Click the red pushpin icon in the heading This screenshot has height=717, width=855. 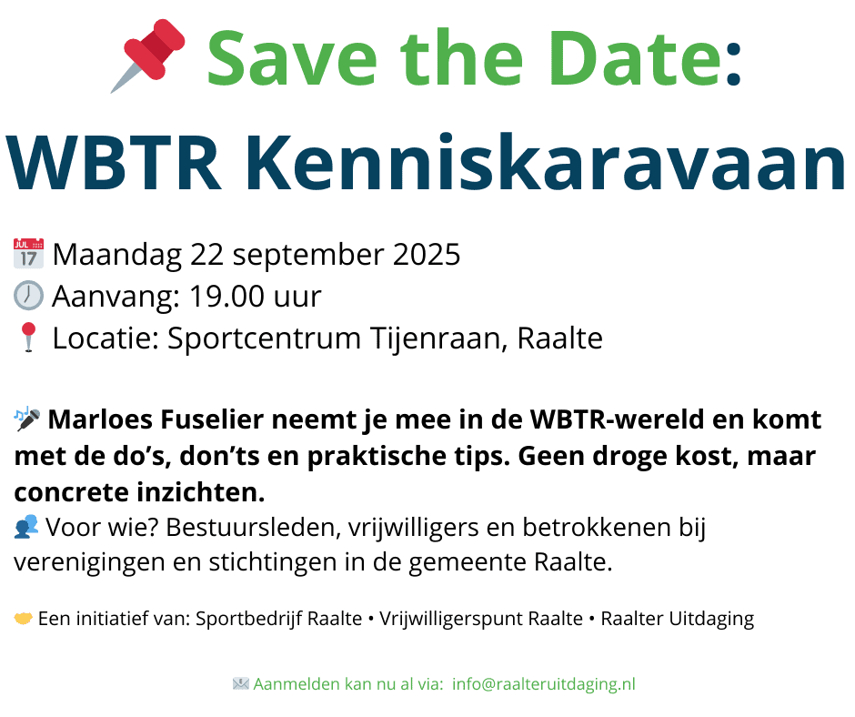pyautogui.click(x=147, y=56)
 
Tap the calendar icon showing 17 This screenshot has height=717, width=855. pyautogui.click(x=28, y=253)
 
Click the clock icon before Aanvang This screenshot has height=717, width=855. pyautogui.click(x=28, y=295)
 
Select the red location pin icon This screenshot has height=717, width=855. pyautogui.click(x=28, y=338)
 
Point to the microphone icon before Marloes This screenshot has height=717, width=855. pyautogui.click(x=27, y=419)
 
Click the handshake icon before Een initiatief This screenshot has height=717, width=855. pyautogui.click(x=23, y=619)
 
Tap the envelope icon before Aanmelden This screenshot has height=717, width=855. pyautogui.click(x=240, y=683)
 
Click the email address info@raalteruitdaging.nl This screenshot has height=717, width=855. pyautogui.click(x=544, y=683)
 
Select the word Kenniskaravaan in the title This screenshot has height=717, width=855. pyautogui.click(x=545, y=163)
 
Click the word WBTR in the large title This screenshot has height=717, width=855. pyautogui.click(x=114, y=164)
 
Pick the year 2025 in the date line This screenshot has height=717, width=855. pyautogui.click(x=427, y=254)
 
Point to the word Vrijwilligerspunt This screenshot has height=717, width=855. pyautogui.click(x=481, y=619)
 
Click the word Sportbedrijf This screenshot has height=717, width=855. pyautogui.click(x=248, y=619)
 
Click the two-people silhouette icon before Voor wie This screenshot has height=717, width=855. pyautogui.click(x=26, y=527)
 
